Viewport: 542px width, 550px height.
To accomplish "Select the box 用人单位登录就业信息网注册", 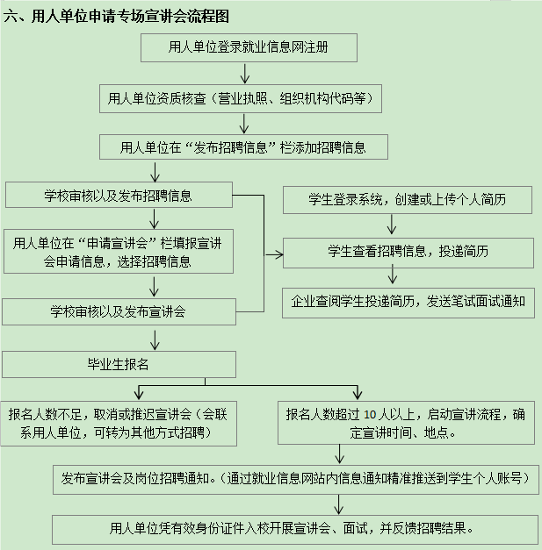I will pos(249,48).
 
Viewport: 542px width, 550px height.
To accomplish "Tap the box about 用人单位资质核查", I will pos(241,99).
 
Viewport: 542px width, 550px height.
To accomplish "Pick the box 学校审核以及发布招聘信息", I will pos(119,194).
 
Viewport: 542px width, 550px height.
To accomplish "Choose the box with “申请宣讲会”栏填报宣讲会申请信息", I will pos(119,252).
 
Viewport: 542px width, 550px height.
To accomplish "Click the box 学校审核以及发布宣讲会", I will pos(119,311).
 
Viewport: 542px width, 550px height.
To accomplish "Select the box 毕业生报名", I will pos(119,364).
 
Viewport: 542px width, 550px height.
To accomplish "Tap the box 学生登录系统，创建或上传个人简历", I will pos(408,200).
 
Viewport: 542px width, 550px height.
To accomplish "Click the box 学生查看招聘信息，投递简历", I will pos(408,253).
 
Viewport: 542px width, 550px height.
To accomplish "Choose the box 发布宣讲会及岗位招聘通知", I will pos(294,479).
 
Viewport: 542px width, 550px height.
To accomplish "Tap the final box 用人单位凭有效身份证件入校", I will pos(294,529).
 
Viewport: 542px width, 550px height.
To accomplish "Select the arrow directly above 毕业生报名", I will pos(155,339).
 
